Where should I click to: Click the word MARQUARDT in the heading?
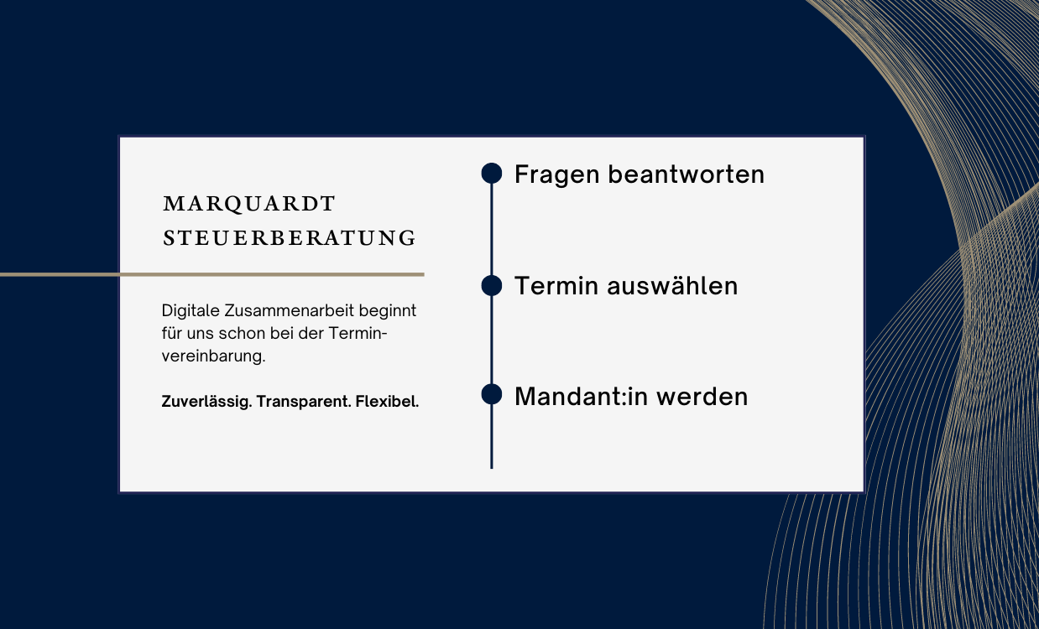pos(249,204)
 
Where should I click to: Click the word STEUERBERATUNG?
pos(290,238)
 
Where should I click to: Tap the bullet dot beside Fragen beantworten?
pos(492,173)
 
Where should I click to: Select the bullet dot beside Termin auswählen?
pos(492,285)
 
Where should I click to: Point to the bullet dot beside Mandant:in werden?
pos(492,394)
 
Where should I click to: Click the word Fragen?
pos(557,175)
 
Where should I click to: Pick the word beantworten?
pos(686,174)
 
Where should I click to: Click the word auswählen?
pos(672,285)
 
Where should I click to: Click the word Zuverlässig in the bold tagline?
pos(206,402)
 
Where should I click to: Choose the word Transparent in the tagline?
pos(304,402)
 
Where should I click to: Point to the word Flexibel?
pos(387,402)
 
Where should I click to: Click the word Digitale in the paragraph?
pos(191,311)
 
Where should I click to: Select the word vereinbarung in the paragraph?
pos(213,356)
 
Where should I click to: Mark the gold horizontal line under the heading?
pos(212,274)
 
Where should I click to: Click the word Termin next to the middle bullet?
pos(556,285)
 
